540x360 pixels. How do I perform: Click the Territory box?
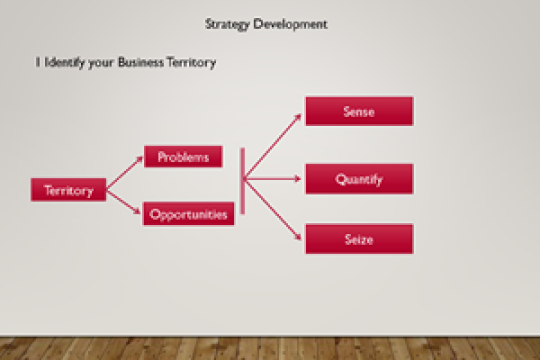click(x=68, y=190)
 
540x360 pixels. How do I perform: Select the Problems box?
click(x=183, y=157)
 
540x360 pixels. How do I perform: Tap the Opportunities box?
click(x=188, y=214)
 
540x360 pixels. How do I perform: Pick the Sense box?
click(x=358, y=111)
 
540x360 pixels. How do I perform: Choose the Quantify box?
click(x=358, y=179)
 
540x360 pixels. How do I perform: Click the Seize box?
click(x=358, y=238)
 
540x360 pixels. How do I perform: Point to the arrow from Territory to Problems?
click(x=125, y=173)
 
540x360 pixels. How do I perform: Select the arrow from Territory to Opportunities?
click(x=125, y=203)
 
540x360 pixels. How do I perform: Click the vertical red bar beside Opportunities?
click(x=242, y=180)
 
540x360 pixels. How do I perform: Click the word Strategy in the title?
click(x=226, y=23)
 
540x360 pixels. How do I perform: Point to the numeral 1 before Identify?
click(x=37, y=62)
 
